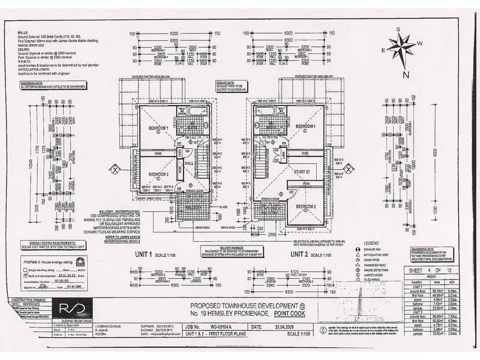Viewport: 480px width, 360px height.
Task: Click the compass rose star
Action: point(401,47)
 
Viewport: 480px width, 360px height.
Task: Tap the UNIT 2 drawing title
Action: point(303,254)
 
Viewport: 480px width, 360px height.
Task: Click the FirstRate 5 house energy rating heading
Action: point(43,263)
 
